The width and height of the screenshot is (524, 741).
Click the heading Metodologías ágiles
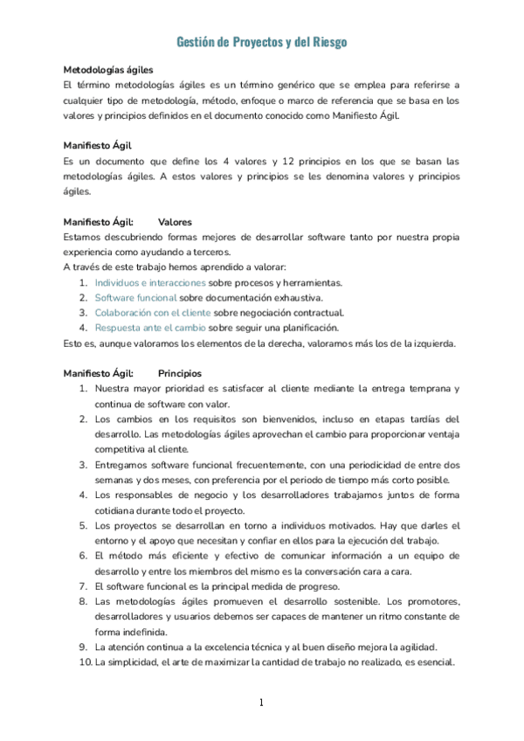108,69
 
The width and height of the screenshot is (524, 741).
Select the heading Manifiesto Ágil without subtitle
98,145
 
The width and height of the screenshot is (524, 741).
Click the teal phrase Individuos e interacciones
150,282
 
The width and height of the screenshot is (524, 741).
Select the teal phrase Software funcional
135,297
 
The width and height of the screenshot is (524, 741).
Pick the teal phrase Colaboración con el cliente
153,312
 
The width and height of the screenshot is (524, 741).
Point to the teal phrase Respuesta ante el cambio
150,328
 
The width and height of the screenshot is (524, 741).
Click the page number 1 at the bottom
261,703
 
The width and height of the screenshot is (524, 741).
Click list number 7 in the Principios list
82,586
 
